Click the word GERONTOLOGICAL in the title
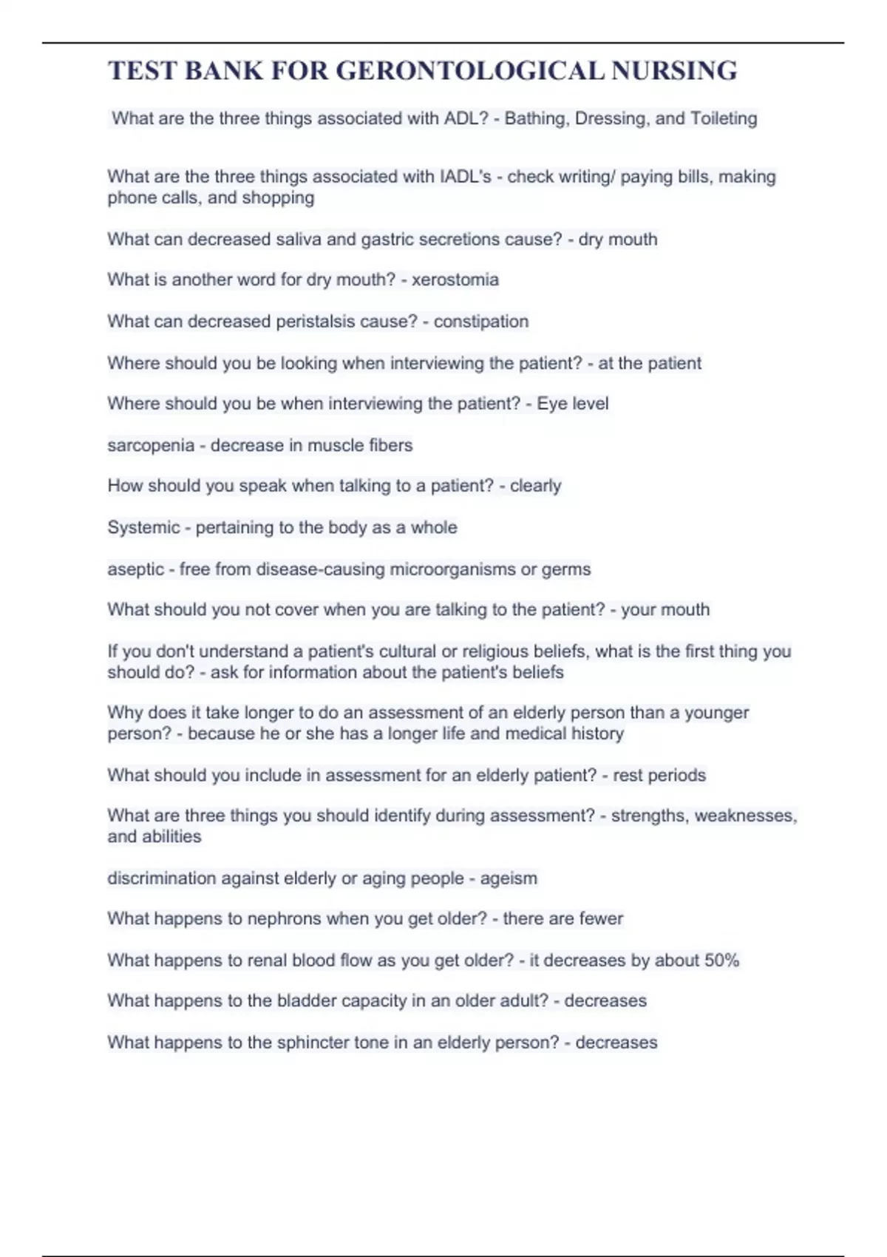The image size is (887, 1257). point(469,71)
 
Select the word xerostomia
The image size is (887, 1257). point(455,279)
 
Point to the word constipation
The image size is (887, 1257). point(480,322)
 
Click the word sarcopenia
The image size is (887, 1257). point(151,445)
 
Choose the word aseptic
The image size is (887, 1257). point(135,569)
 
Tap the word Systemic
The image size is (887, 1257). point(143,527)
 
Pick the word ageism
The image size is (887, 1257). point(509,878)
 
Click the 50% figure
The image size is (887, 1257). point(721,960)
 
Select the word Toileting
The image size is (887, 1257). point(724,118)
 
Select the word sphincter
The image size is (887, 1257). point(313,1043)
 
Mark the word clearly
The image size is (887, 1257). point(535,486)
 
